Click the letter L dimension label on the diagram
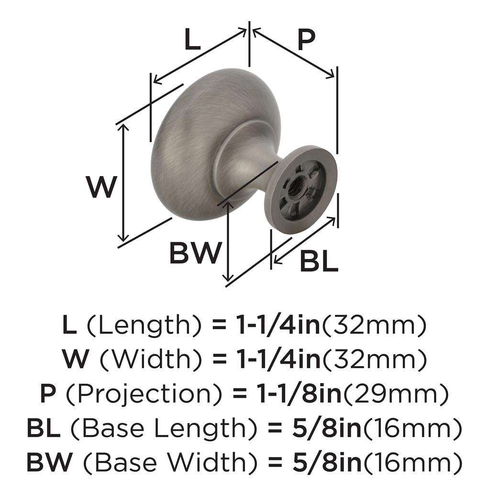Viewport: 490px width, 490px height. pos(192,41)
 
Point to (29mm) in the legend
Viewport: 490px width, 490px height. pos(396,395)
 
